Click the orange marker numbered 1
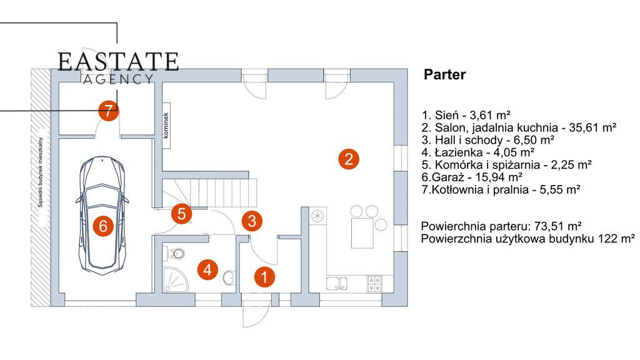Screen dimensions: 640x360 pyautogui.click(x=264, y=277)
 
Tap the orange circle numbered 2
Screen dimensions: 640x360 pyautogui.click(x=349, y=159)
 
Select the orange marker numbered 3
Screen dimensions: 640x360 pyautogui.click(x=252, y=221)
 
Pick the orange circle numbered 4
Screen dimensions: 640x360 pyautogui.click(x=207, y=270)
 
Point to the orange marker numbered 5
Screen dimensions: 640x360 pyautogui.click(x=182, y=214)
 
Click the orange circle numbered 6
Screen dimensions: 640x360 pyautogui.click(x=103, y=226)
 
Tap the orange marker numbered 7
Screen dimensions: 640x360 pyautogui.click(x=108, y=111)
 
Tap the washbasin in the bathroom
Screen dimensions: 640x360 pyautogui.click(x=229, y=277)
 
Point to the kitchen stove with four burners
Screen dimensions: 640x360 pyautogui.click(x=375, y=284)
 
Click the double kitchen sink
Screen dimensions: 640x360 pyautogui.click(x=337, y=283)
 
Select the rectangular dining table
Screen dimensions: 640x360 pyautogui.click(x=362, y=233)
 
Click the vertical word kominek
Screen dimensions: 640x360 pyautogui.click(x=166, y=125)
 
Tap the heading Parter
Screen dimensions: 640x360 pyautogui.click(x=444, y=75)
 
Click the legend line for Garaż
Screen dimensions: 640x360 pyautogui.click(x=472, y=177)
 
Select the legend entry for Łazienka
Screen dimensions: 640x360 pyautogui.click(x=478, y=152)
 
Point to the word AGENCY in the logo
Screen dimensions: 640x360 pyautogui.click(x=118, y=79)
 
